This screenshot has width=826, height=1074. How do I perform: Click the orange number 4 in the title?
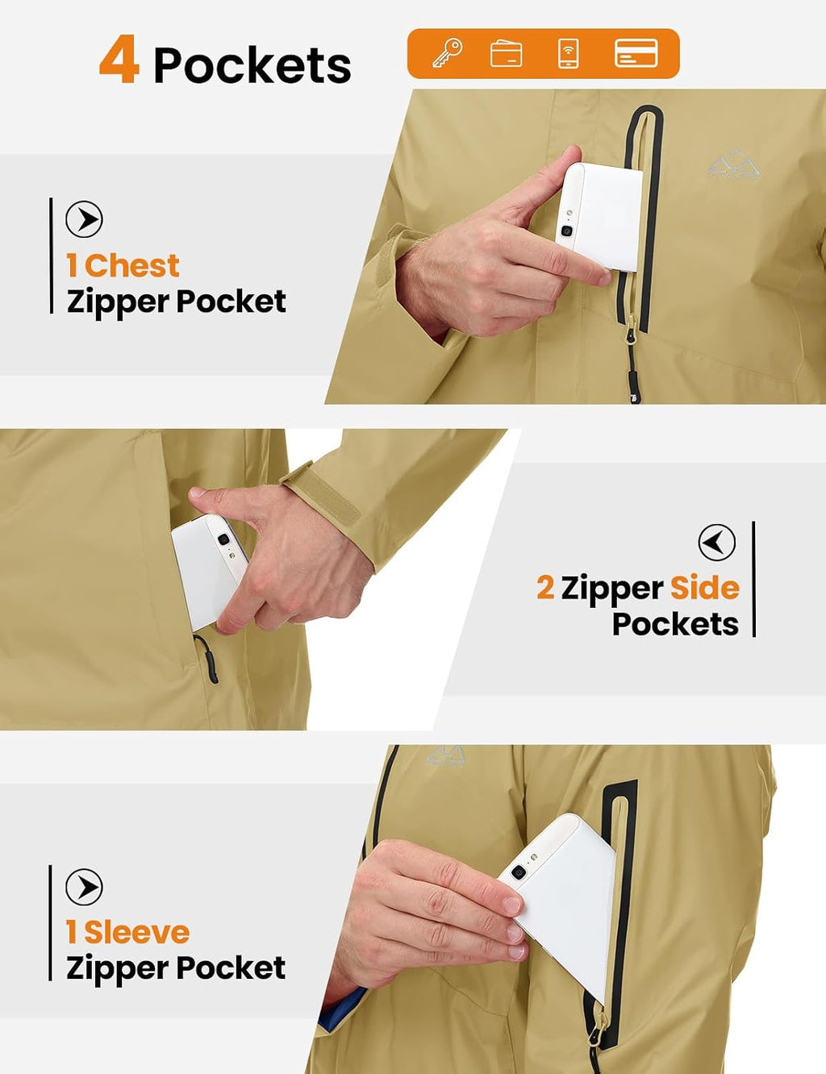[x=119, y=59]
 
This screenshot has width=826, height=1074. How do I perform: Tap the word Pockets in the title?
[x=252, y=65]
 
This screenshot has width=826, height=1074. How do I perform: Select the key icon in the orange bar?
[x=448, y=53]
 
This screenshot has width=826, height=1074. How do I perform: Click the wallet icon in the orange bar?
[x=507, y=53]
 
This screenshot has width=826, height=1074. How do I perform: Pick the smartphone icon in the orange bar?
[x=568, y=53]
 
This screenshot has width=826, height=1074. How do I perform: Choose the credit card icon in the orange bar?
[x=636, y=53]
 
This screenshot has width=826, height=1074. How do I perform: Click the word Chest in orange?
[x=131, y=265]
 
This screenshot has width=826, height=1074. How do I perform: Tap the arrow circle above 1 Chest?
[x=84, y=219]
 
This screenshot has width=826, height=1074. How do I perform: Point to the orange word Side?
[x=705, y=588]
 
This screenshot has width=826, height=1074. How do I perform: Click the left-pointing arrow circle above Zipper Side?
[x=717, y=542]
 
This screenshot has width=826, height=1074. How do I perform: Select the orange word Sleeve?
[x=137, y=933]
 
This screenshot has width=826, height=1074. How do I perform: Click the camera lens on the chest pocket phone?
[x=567, y=231]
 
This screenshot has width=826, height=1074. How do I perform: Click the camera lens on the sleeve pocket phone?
[x=518, y=873]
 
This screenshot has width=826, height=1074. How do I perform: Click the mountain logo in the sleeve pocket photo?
[x=445, y=756]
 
